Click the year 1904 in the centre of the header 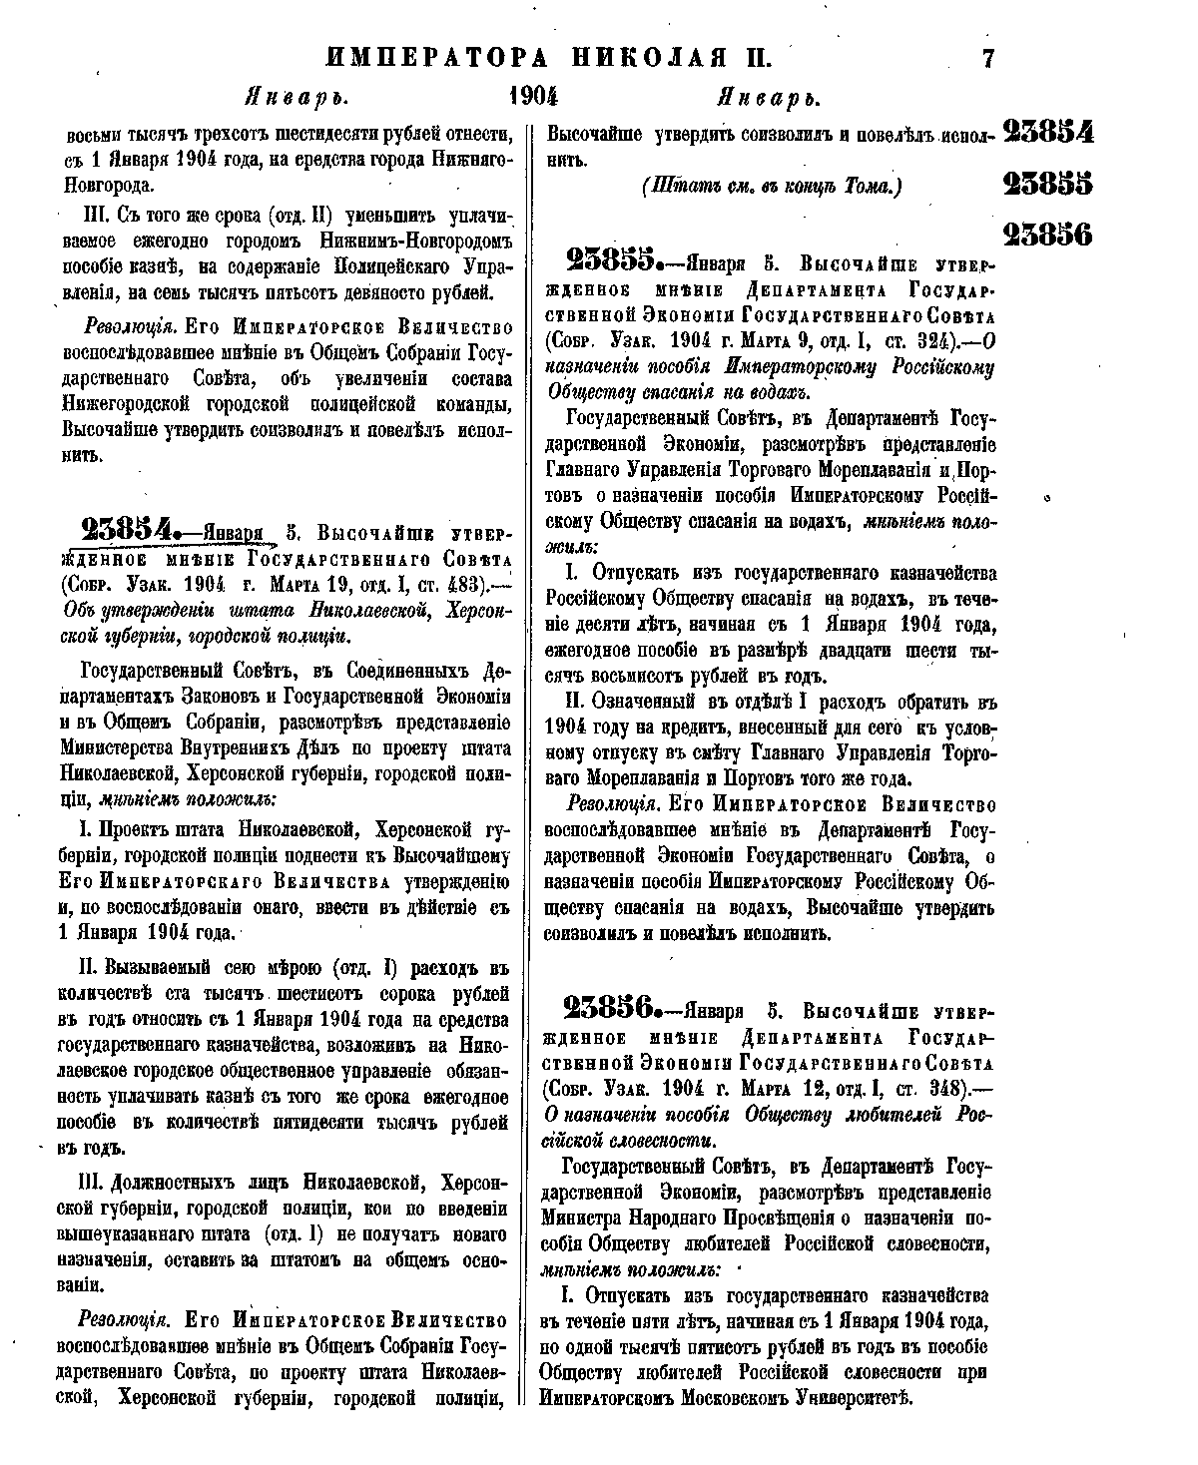tap(531, 97)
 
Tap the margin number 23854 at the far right tap(1047, 134)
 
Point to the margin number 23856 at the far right tap(1047, 235)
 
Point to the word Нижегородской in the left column tap(125, 407)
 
